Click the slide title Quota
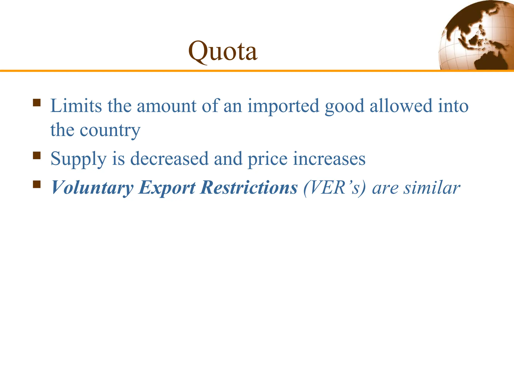tap(223, 52)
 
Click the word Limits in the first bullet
tap(76, 106)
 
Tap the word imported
tap(283, 106)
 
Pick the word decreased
tap(169, 159)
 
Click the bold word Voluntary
tap(92, 188)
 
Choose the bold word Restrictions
tap(249, 187)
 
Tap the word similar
tap(432, 187)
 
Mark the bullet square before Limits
tap(37, 103)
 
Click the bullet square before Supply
tap(37, 156)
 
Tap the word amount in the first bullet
tap(166, 106)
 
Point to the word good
tap(344, 106)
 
